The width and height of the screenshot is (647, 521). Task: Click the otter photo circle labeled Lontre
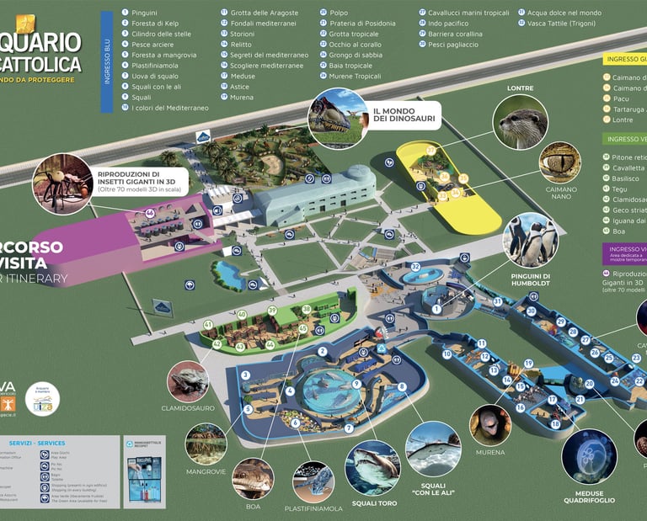pyautogui.click(x=520, y=122)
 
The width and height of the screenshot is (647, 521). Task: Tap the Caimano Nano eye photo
pyautogui.click(x=560, y=162)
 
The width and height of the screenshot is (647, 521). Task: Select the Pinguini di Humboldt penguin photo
pyautogui.click(x=530, y=240)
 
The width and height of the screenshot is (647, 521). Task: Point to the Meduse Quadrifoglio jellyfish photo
pyautogui.click(x=589, y=457)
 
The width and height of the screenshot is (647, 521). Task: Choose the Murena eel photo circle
pyautogui.click(x=490, y=426)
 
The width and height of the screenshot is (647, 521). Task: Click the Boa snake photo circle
pyautogui.click(x=253, y=478)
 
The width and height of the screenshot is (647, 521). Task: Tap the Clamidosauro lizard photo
pyautogui.click(x=188, y=381)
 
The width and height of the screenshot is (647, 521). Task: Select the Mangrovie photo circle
pyautogui.click(x=206, y=444)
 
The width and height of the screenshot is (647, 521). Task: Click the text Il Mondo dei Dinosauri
pyautogui.click(x=404, y=114)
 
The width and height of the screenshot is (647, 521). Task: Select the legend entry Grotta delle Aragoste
pyautogui.click(x=259, y=13)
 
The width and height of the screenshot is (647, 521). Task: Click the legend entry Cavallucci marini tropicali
pyautogui.click(x=468, y=13)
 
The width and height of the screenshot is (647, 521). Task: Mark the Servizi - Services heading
pyautogui.click(x=37, y=443)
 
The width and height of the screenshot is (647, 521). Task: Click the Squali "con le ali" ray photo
pyautogui.click(x=433, y=449)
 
